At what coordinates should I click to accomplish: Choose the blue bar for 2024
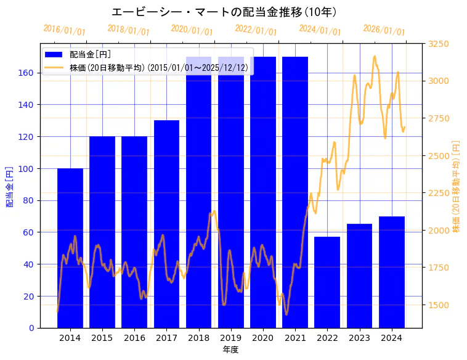tap(391, 272)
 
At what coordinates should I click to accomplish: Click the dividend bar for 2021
tap(295, 192)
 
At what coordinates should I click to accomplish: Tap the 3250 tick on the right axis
tap(439, 44)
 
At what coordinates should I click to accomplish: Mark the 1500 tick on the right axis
tap(439, 305)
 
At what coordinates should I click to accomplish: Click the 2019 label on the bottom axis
tap(230, 337)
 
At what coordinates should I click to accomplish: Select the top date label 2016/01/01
tap(64, 30)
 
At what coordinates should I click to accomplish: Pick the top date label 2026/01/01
tap(384, 30)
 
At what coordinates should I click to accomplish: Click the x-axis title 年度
tap(230, 350)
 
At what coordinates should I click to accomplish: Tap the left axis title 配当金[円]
tap(9, 186)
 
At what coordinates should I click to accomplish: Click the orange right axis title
tap(457, 186)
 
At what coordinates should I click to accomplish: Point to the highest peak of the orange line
tap(375, 56)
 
